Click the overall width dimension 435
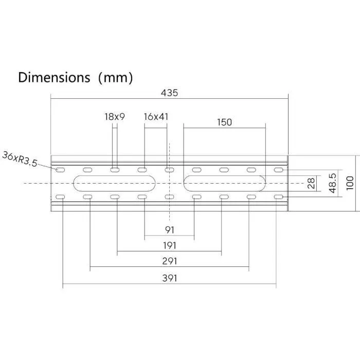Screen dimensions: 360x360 pyautogui.click(x=169, y=93)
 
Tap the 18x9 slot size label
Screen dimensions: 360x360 pyautogui.click(x=115, y=117)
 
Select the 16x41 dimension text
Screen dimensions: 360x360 pyautogui.click(x=156, y=117)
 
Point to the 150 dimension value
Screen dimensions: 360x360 pyautogui.click(x=224, y=122)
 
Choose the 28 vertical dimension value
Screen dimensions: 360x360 pyautogui.click(x=311, y=184)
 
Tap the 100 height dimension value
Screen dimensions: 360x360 pyautogui.click(x=350, y=184)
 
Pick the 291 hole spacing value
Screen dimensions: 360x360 pyautogui.click(x=169, y=261)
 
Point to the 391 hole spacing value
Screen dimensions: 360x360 pyautogui.click(x=169, y=278)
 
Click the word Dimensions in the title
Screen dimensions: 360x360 pyautogui.click(x=54, y=78)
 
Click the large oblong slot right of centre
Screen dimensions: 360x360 pyautogui.click(x=224, y=183)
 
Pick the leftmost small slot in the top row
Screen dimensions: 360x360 pyautogui.click(x=61, y=170)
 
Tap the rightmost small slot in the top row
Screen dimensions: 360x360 pyautogui.click(x=278, y=170)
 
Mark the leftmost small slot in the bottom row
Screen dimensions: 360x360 pyautogui.click(x=61, y=197)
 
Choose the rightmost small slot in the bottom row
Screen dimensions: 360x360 pyautogui.click(x=278, y=197)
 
